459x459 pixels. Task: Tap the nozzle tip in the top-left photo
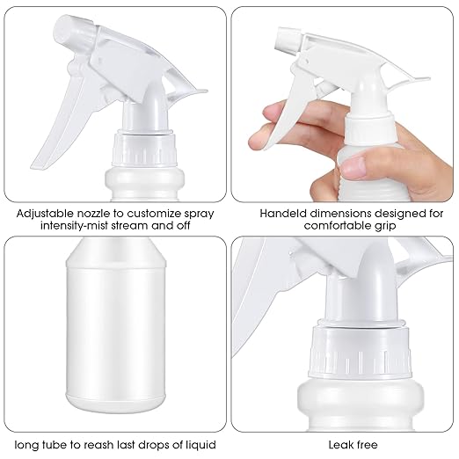66,33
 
